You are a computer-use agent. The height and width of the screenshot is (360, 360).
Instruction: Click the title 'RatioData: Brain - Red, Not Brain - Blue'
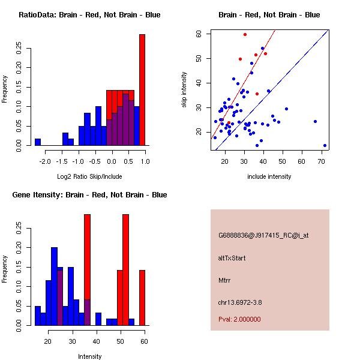89,15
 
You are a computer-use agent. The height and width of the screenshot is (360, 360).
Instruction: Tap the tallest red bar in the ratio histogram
142,90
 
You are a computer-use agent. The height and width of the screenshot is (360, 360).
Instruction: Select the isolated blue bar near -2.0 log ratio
38,142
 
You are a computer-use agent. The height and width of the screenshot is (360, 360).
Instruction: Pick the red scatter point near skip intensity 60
245,35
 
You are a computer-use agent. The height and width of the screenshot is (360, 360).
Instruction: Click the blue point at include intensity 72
325,145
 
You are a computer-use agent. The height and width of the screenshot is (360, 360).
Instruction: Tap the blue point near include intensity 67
315,122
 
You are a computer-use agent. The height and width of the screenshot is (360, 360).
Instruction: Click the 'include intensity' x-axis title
269,176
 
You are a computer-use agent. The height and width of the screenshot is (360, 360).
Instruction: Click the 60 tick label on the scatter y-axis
199,34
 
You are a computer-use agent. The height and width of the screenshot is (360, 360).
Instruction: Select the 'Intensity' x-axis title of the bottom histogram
89,356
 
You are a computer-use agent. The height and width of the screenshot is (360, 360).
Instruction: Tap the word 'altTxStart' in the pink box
232,258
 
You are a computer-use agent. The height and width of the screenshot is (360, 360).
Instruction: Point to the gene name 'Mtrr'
224,280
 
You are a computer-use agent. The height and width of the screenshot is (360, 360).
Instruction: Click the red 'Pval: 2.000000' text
239,319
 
